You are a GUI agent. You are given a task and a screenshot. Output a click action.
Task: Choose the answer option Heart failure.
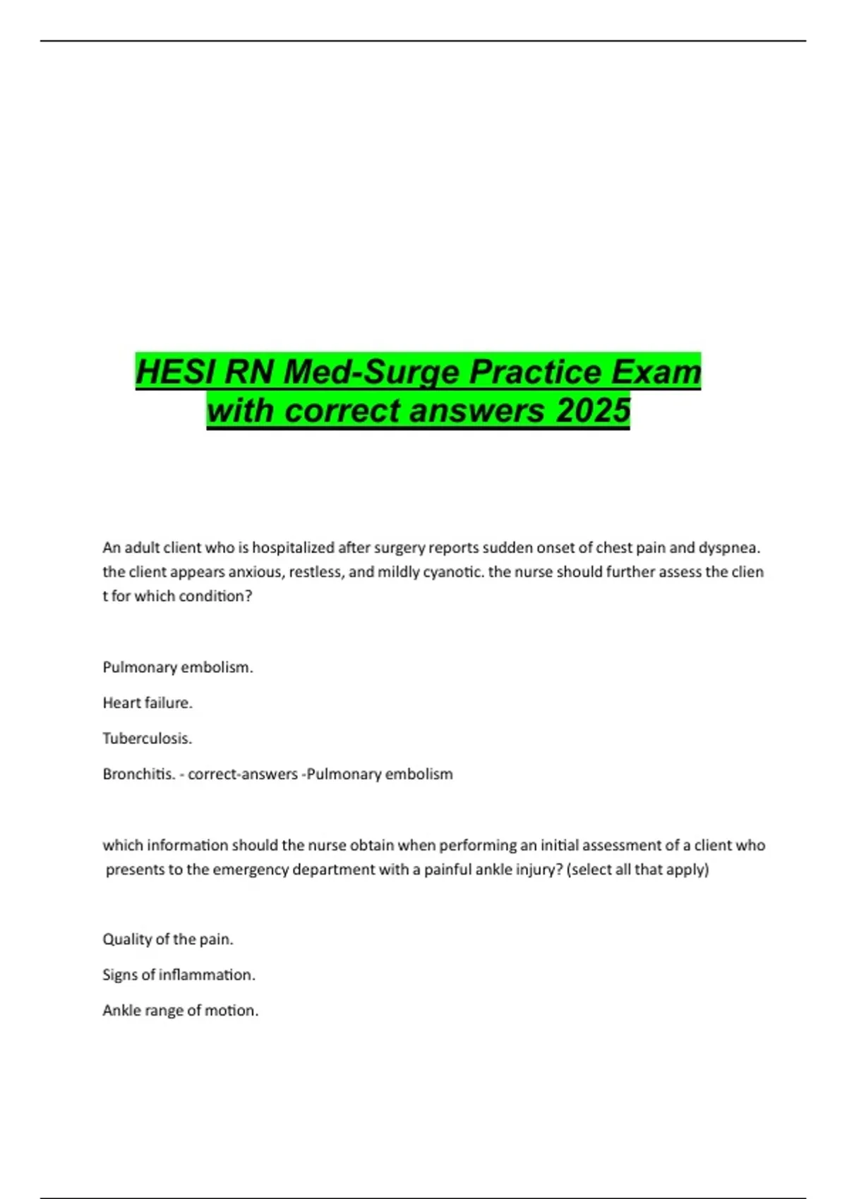148,702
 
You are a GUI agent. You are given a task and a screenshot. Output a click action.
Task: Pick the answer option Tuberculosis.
148,738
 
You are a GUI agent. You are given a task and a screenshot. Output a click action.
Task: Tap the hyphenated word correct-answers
242,774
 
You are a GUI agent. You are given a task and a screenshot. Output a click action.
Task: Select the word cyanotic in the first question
452,571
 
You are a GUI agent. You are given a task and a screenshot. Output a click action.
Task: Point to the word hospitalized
293,547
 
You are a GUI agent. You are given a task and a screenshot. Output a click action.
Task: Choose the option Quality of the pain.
168,939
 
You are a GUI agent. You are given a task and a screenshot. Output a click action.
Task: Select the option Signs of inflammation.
179,975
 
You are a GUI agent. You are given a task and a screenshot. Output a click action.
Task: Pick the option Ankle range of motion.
181,1011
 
